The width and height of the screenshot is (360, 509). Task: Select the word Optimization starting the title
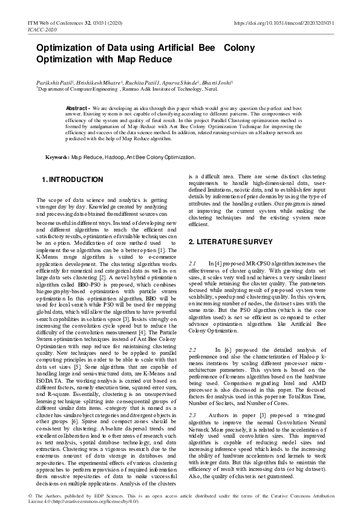click(x=64, y=48)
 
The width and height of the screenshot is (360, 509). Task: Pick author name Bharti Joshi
click(x=215, y=82)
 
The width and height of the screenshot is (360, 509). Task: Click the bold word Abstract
click(x=77, y=108)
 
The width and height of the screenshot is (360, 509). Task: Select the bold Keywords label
click(x=58, y=157)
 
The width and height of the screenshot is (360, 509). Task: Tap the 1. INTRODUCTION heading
click(x=72, y=180)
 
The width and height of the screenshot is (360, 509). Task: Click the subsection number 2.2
click(x=193, y=350)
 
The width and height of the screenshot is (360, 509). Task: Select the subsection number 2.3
click(x=193, y=415)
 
